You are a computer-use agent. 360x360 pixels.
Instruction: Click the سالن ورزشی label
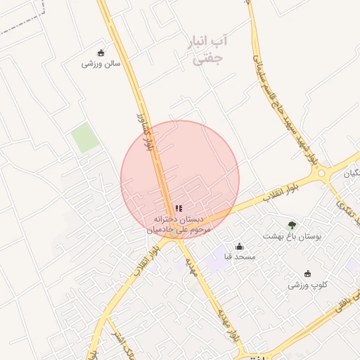coord(101,63)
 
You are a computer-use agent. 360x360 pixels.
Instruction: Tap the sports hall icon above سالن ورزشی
coord(101,53)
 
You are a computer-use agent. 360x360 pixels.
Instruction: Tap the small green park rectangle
coord(85,138)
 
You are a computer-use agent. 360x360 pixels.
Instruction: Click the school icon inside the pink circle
coord(179,208)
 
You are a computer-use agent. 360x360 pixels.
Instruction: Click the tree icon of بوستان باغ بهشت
coord(292,225)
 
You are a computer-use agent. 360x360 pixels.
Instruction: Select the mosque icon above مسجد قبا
coord(240,246)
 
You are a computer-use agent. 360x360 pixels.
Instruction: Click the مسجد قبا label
coord(240,257)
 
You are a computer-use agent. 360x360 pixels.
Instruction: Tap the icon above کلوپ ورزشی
coord(307,274)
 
